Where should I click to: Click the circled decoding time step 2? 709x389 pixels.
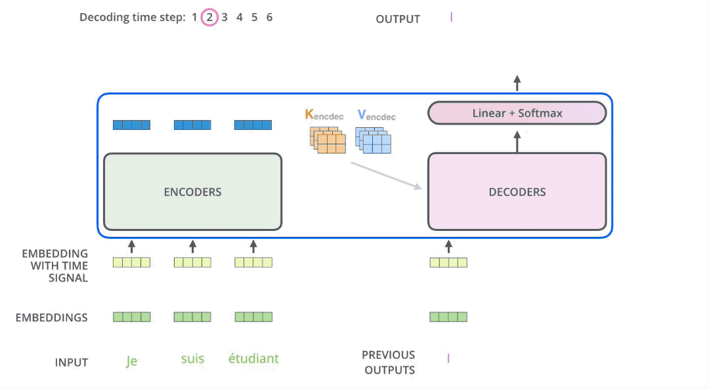[x=209, y=18]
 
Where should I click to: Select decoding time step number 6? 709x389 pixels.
[x=269, y=18]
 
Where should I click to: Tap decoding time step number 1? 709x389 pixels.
[x=194, y=18]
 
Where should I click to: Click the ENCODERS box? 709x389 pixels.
[x=192, y=192]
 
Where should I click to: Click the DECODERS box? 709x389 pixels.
[x=517, y=192]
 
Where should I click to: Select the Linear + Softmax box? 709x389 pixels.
[x=517, y=113]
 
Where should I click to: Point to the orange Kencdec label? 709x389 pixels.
[x=324, y=115]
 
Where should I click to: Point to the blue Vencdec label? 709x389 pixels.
[x=376, y=115]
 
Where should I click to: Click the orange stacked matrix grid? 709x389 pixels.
[x=328, y=139]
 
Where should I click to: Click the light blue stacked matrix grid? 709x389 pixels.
[x=374, y=139]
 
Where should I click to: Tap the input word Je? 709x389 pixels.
[x=131, y=360]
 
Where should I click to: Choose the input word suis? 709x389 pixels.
[x=192, y=359]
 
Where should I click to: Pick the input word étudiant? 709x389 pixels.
[x=253, y=359]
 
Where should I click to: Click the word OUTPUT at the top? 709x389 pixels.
[x=398, y=19]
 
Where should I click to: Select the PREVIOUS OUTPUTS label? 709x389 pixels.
[x=389, y=362]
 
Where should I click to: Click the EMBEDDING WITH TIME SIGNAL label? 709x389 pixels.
[x=54, y=266]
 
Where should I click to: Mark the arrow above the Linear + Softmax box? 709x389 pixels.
[x=517, y=83]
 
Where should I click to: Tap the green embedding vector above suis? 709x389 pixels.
[x=192, y=317]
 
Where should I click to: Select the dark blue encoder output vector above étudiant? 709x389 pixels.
[x=253, y=125]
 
